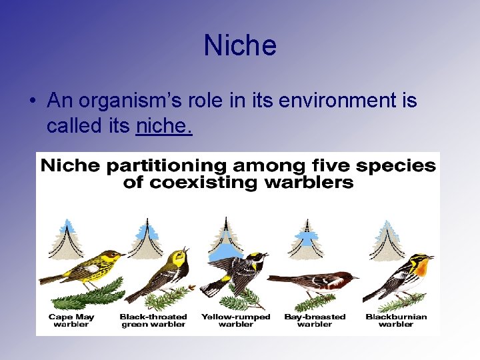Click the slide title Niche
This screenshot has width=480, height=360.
tap(240, 46)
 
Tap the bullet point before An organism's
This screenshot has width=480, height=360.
tap(32, 101)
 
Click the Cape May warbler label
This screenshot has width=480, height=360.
tap(71, 321)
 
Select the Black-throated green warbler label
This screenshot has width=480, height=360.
tap(153, 321)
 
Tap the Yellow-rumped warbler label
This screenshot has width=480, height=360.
tap(236, 321)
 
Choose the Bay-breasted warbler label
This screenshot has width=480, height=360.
tap(315, 321)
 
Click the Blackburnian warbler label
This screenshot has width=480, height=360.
tap(396, 321)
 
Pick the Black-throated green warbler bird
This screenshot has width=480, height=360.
tap(163, 273)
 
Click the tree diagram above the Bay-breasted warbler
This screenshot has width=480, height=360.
tap(306, 239)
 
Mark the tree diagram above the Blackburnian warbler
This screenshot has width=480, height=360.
tap(387, 239)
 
